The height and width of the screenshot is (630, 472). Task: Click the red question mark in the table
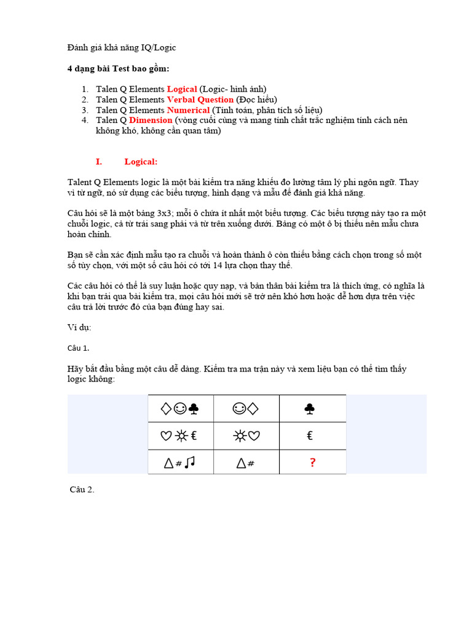pos(312,463)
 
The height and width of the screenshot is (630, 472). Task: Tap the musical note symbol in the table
pos(189,462)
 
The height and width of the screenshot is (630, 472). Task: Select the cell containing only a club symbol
pos(312,409)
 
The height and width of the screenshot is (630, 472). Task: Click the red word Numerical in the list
pos(188,110)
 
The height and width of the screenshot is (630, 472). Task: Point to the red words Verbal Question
pos(200,100)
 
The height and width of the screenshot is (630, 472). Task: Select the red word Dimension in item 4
pos(151,121)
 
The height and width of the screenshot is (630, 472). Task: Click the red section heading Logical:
pos(141,162)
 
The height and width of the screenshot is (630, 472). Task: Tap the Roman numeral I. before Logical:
pos(98,162)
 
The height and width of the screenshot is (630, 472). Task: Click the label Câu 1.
pos(78,348)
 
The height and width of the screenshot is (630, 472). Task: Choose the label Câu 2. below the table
pos(82,490)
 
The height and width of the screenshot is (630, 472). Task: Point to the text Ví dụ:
pos(79,327)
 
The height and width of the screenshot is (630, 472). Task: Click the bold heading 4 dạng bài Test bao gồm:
pos(118,68)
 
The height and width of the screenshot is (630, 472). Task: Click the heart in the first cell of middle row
pos(165,436)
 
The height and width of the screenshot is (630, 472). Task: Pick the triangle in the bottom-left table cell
pos(168,463)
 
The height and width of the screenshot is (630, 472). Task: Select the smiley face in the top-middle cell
pos(238,409)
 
